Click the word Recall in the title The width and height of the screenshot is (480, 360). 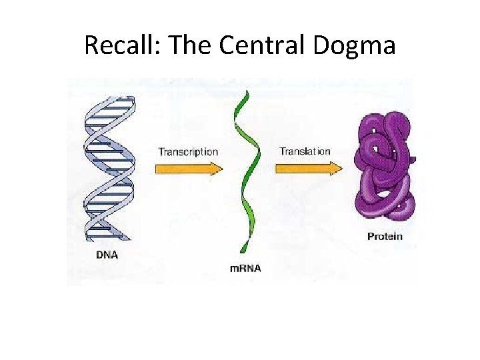pyautogui.click(x=121, y=45)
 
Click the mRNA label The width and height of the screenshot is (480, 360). pyautogui.click(x=245, y=268)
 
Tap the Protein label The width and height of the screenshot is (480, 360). pyautogui.click(x=385, y=236)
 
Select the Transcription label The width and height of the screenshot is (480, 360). pyautogui.click(x=188, y=152)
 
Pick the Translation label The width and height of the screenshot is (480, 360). pyautogui.click(x=305, y=151)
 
